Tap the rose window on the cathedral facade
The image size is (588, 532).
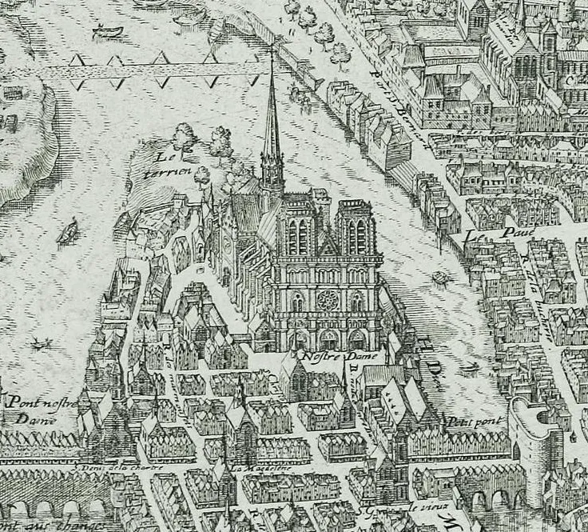click(x=327, y=302)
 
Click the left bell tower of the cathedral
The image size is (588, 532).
click(x=296, y=228)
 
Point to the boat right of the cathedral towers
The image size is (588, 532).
click(x=439, y=278)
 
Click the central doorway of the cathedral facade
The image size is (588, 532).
click(x=328, y=338)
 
